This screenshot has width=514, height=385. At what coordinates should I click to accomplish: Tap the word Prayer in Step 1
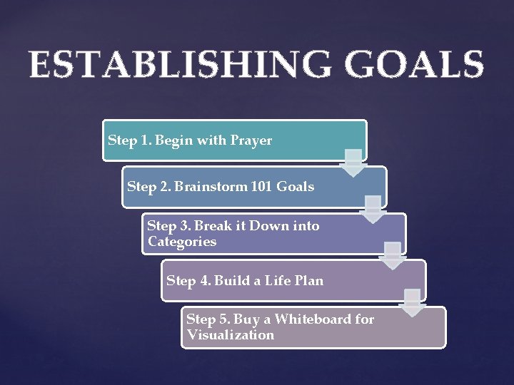click(251, 140)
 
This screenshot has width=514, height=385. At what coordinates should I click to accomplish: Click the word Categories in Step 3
click(182, 242)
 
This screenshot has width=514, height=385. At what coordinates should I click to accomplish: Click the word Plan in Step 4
click(308, 281)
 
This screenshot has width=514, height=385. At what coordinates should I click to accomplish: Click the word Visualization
click(231, 335)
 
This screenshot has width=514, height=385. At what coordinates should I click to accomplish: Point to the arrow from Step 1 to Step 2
click(353, 163)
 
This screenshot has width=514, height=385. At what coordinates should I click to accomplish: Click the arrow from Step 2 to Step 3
click(372, 210)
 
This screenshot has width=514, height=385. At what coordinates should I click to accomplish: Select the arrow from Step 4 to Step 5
click(412, 303)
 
